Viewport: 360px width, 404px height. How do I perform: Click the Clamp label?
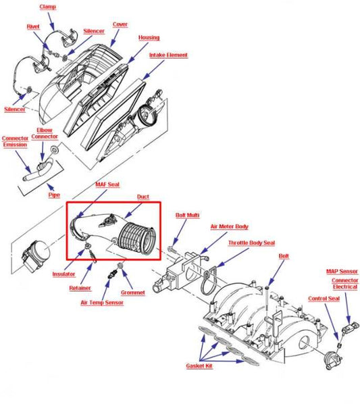[x=47, y=6]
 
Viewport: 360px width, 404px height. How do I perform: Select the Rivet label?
[x=33, y=26]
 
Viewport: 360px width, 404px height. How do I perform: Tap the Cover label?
[x=120, y=24]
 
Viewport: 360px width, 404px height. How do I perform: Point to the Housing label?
[x=149, y=38]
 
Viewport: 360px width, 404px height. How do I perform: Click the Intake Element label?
[x=169, y=55]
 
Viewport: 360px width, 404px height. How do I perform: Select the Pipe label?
[x=54, y=195]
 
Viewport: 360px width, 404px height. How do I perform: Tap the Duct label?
[x=143, y=197]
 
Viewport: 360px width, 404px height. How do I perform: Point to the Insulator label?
[x=63, y=274]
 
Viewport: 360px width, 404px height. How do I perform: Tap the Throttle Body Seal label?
[x=252, y=242]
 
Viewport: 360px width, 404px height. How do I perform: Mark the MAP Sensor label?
[x=342, y=272]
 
